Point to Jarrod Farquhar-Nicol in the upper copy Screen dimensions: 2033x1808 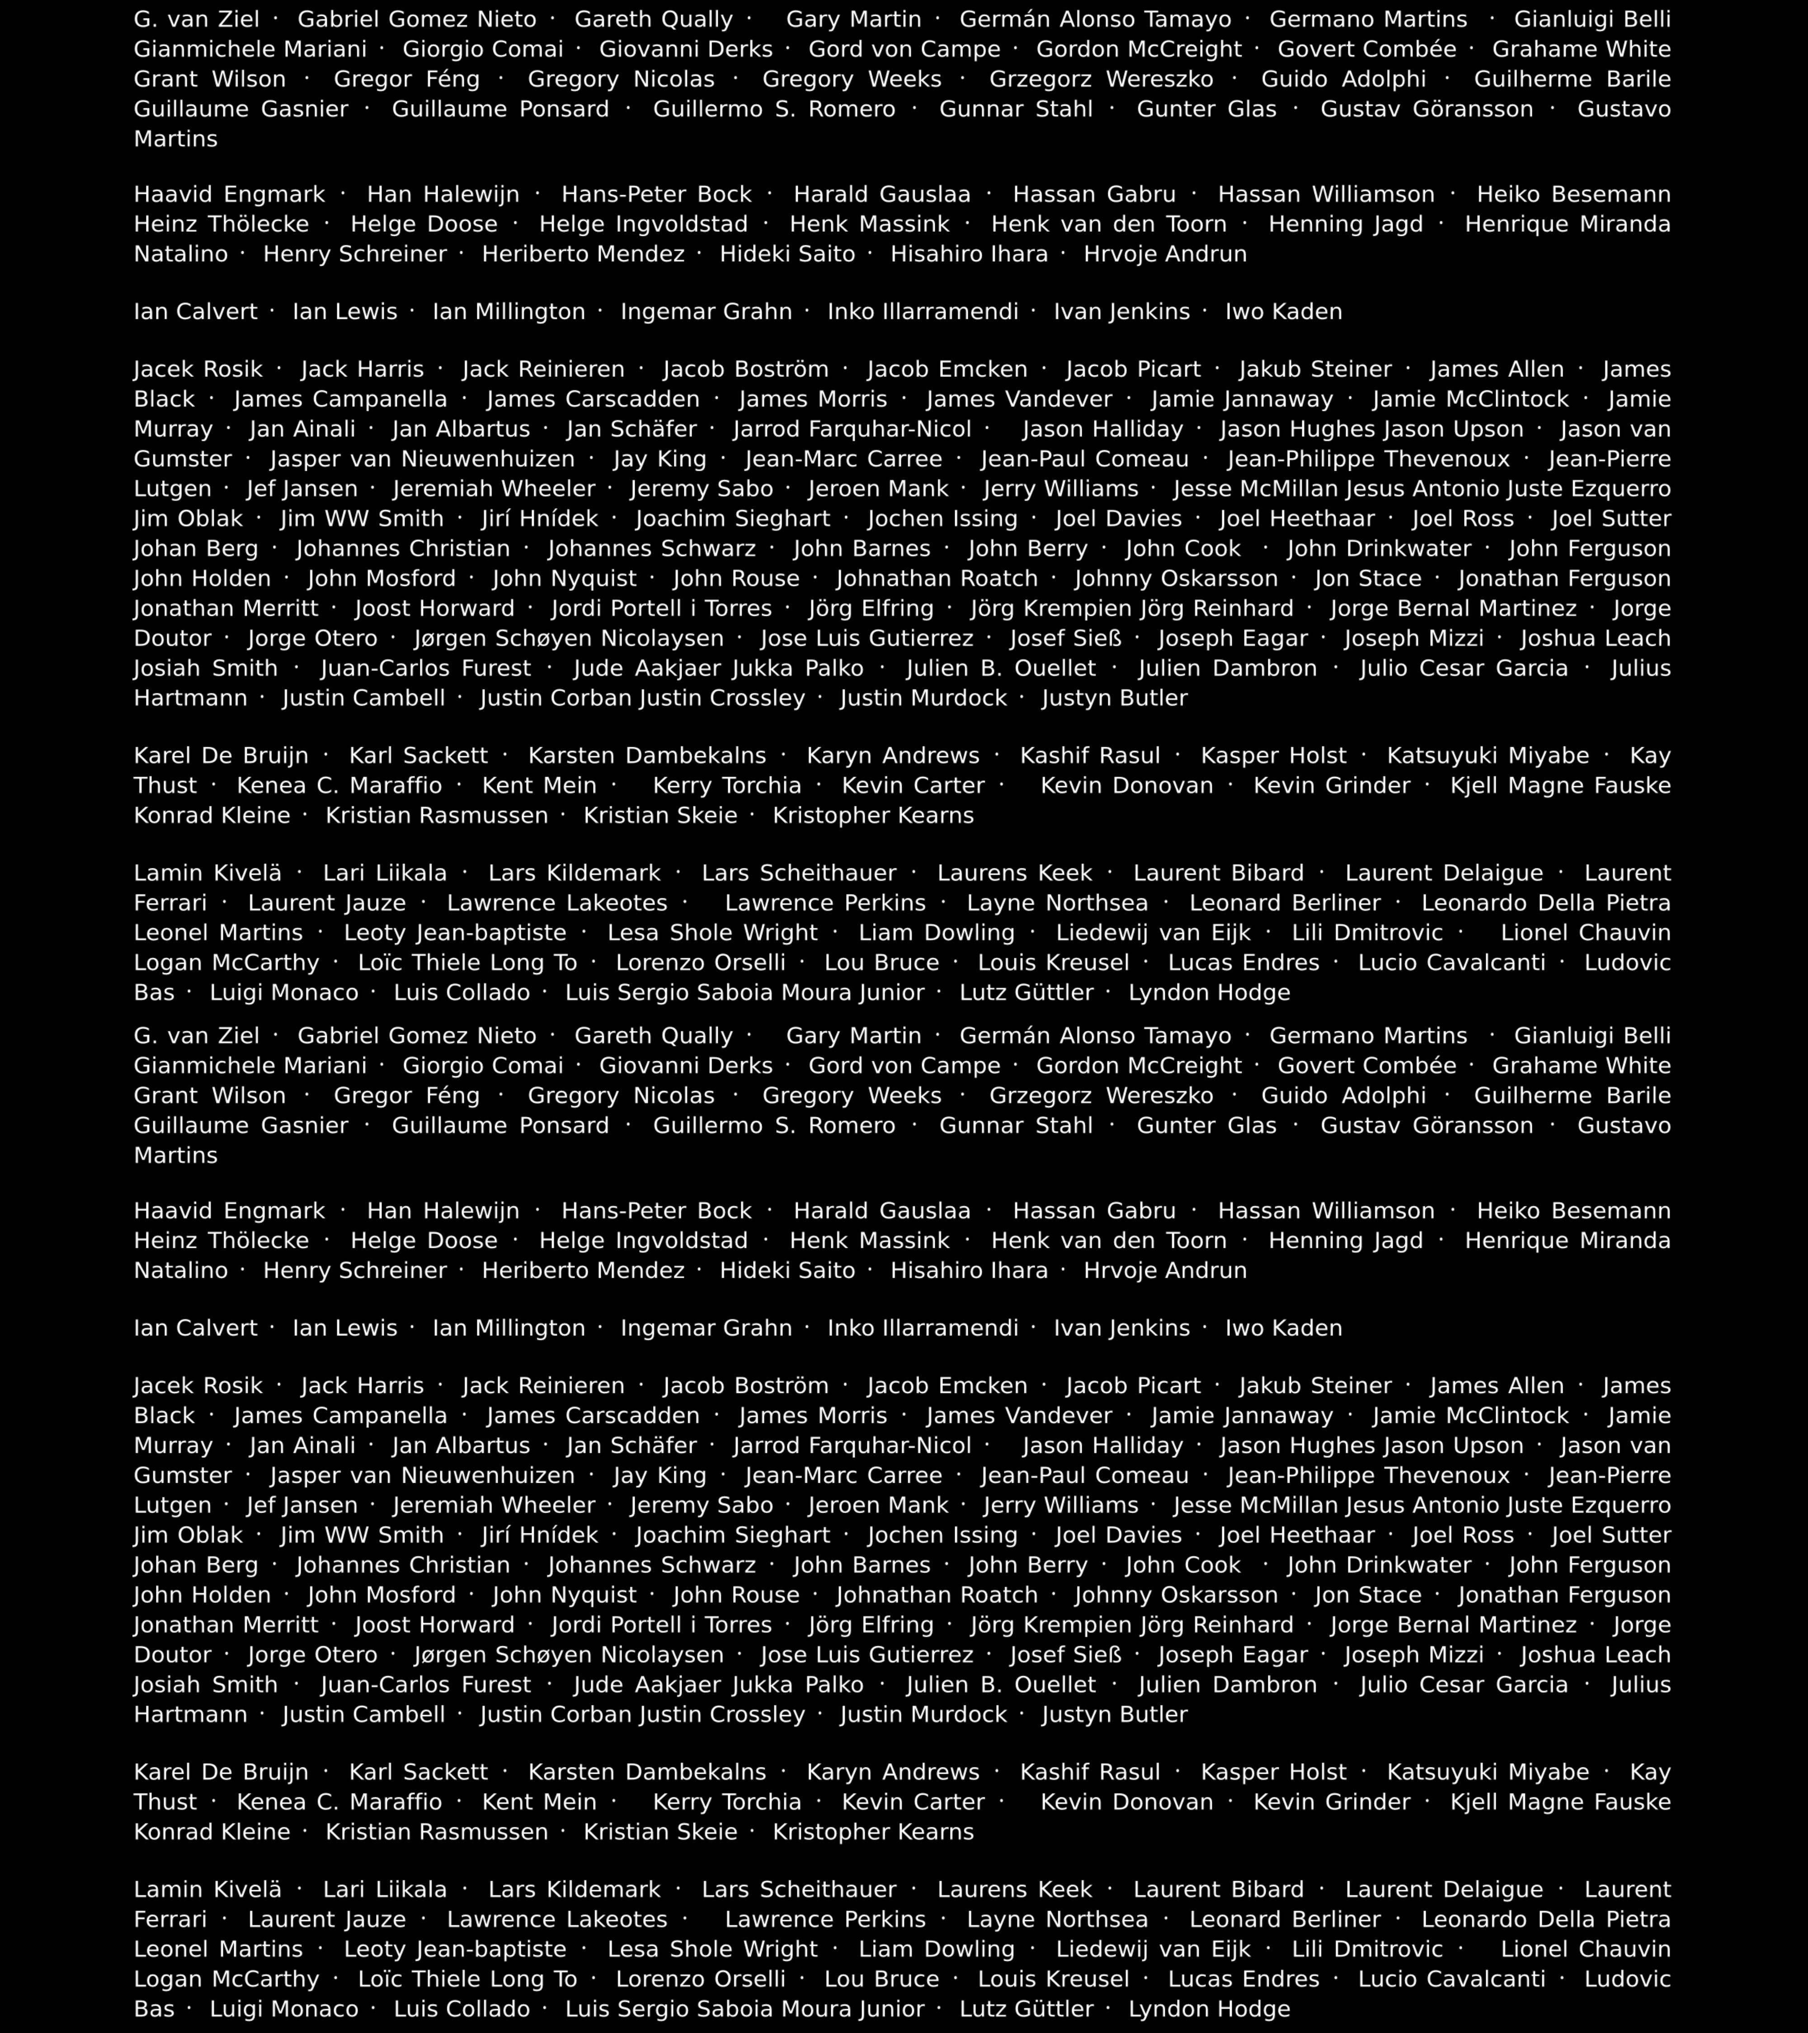click(x=852, y=430)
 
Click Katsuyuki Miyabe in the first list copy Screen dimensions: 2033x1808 click(x=1488, y=756)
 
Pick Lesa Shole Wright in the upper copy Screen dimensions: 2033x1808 click(x=712, y=933)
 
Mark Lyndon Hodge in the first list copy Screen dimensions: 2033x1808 click(x=1209, y=993)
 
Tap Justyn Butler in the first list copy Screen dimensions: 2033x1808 click(x=1115, y=698)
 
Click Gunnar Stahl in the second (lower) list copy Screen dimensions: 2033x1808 click(x=1016, y=1126)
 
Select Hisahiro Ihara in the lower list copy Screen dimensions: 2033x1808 click(x=969, y=1271)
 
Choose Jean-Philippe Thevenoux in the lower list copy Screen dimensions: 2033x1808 click(x=1368, y=1476)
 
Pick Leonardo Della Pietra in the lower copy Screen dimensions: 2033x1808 click(x=1545, y=1920)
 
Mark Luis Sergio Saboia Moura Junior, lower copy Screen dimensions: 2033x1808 click(x=744, y=2009)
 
